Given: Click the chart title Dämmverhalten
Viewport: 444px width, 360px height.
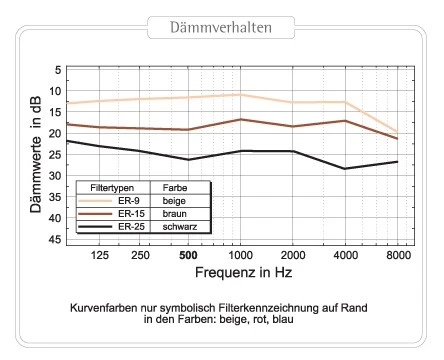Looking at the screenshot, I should (222, 27).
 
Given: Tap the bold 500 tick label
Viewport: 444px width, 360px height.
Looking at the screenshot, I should (187, 255).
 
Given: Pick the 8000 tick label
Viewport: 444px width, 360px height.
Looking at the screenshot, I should (399, 255).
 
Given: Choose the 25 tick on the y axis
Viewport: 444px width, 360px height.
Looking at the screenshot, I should (56, 155).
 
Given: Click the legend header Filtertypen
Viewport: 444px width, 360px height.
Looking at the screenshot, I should (108, 188).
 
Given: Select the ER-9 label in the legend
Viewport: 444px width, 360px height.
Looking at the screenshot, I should (129, 201).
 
